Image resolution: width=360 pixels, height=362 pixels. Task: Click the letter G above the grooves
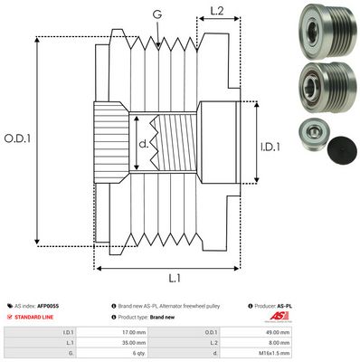(158, 13)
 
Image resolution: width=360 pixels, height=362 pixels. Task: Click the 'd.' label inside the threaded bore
(145, 143)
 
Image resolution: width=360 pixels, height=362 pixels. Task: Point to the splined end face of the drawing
(109, 144)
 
